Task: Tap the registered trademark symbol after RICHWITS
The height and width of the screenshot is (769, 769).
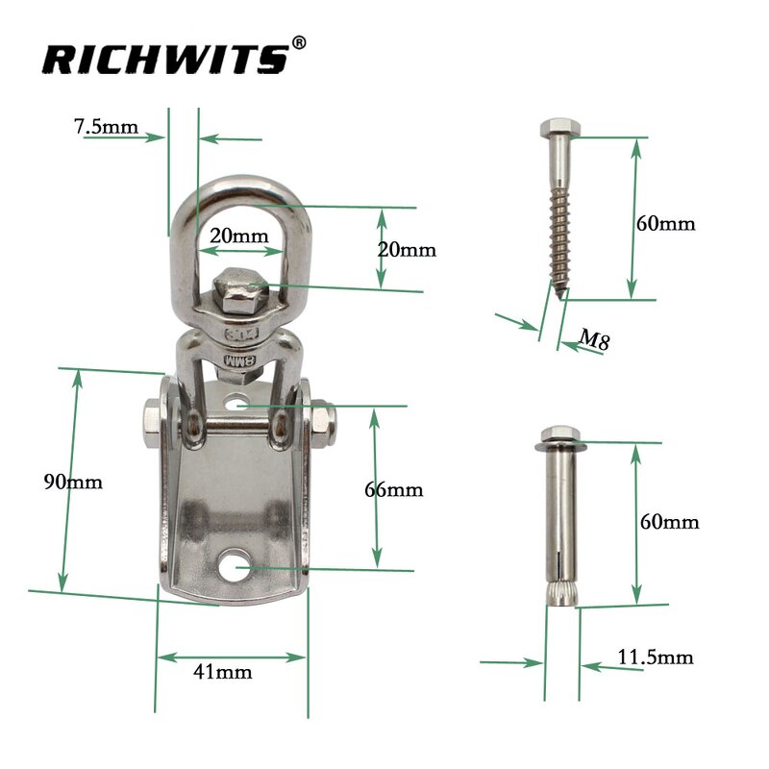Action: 299,43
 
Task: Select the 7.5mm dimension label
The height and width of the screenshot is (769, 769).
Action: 106,126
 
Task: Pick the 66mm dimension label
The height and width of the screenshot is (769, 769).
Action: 394,489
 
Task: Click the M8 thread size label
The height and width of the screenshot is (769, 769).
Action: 596,337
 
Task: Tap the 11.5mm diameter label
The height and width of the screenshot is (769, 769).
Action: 655,657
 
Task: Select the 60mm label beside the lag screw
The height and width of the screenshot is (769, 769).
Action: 665,223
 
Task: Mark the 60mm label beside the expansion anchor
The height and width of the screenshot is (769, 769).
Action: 669,522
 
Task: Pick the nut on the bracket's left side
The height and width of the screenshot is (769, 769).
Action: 152,418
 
